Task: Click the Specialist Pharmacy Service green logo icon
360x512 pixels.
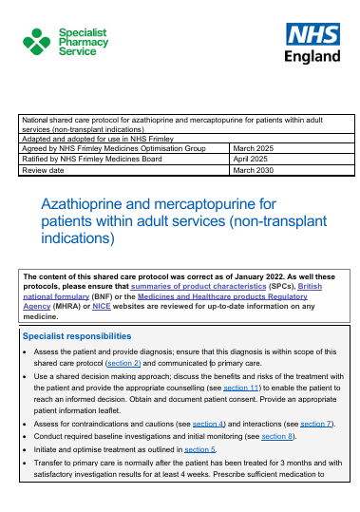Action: [38, 42]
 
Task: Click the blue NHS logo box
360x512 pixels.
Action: [313, 35]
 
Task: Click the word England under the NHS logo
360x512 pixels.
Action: [313, 56]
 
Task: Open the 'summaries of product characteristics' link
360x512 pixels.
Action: [211, 285]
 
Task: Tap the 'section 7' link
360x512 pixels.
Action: [317, 422]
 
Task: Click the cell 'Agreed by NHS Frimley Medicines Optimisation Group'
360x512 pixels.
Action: [114, 149]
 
